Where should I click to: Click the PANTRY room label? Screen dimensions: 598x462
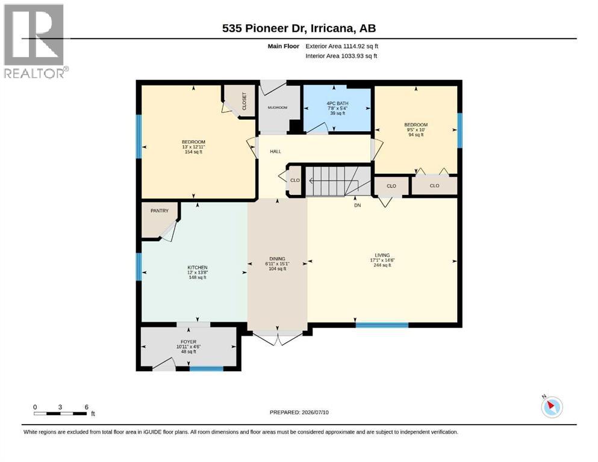[x=160, y=211]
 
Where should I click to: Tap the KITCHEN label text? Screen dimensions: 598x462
[x=198, y=267]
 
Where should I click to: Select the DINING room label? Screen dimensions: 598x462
[x=277, y=259]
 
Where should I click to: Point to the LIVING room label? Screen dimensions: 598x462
[x=382, y=255]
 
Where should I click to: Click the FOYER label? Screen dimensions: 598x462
[x=188, y=342]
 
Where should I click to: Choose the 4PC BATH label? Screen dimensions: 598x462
[x=337, y=103]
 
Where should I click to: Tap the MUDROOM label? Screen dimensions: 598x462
[x=277, y=108]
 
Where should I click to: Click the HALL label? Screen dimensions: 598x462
[x=275, y=151]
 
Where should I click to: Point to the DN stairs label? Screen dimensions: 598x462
[x=357, y=205]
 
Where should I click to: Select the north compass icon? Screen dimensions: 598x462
[x=552, y=407]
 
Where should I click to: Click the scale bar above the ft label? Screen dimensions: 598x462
[x=60, y=413]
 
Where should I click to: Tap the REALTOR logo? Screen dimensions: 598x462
[x=36, y=41]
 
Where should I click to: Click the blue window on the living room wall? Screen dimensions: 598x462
[x=382, y=325]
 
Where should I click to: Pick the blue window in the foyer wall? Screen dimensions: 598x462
[x=207, y=368]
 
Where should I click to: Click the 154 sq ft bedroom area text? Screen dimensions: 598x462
[x=193, y=152]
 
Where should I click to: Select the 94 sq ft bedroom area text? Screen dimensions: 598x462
[x=416, y=134]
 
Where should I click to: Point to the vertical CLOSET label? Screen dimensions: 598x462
[x=244, y=101]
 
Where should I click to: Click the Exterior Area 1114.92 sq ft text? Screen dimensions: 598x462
[x=341, y=46]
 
